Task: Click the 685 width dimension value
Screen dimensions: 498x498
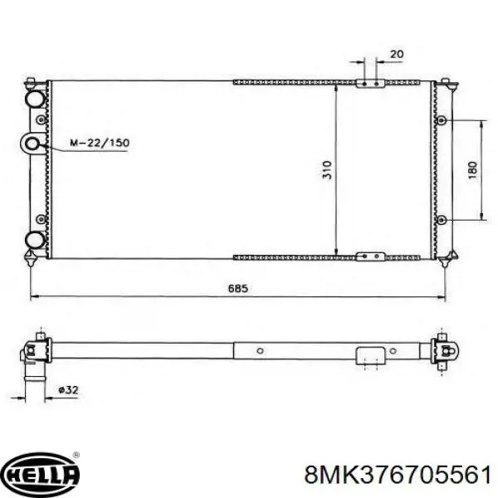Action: coord(238,288)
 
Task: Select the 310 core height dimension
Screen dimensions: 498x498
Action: coord(327,170)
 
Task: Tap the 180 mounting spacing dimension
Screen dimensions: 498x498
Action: coord(473,170)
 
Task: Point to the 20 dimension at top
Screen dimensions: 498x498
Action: coord(397,54)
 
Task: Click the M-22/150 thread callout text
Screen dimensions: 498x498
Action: coord(100,143)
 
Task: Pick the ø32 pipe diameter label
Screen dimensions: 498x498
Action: coord(68,390)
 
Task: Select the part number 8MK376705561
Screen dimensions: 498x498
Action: coord(398,475)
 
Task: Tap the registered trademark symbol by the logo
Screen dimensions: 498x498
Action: coord(76,455)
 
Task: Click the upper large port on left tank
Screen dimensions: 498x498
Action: coord(35,99)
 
